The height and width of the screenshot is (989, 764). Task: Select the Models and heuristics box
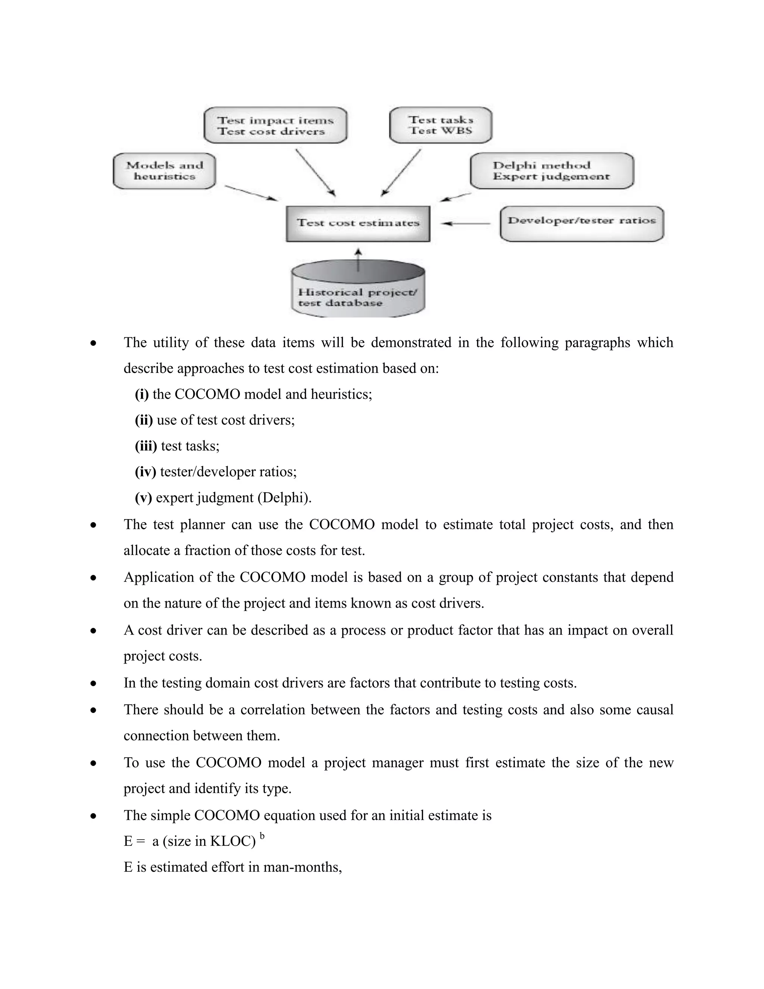point(164,171)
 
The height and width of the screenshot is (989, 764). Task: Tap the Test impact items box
point(275,125)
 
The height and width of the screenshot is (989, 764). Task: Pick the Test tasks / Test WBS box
point(441,125)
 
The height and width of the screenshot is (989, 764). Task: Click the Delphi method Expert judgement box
point(551,171)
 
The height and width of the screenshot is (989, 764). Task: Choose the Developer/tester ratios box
point(582,224)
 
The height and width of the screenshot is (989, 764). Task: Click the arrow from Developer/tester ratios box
point(465,224)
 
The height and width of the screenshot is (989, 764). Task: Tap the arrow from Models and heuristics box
point(251,193)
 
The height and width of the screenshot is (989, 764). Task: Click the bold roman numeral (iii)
point(146,446)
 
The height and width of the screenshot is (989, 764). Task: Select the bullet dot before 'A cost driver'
point(93,630)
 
